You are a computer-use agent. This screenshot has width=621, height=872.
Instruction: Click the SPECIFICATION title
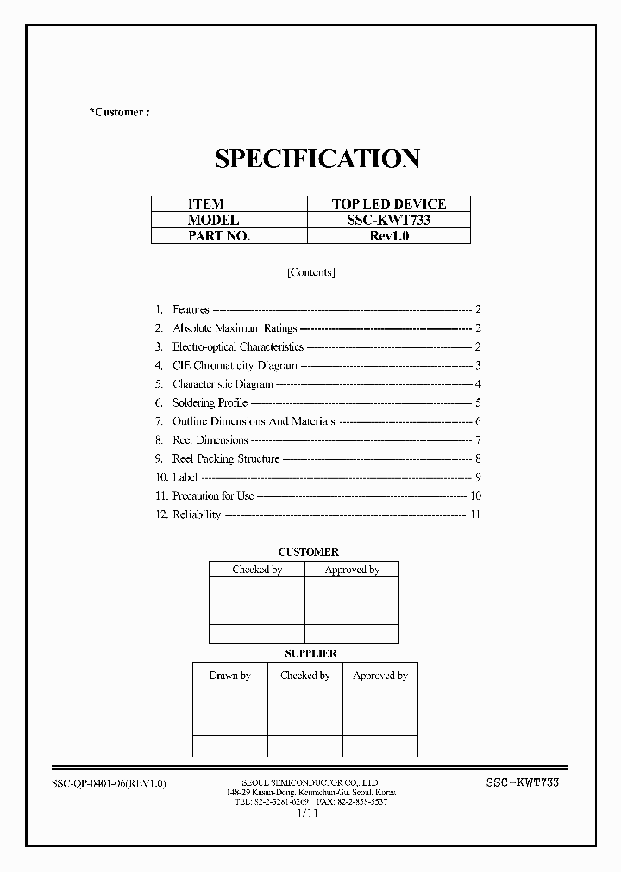[317, 159]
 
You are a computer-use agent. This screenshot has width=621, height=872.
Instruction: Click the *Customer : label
[119, 112]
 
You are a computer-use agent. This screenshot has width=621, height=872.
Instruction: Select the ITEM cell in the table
[206, 204]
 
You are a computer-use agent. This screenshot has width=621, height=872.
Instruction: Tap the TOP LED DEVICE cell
[389, 204]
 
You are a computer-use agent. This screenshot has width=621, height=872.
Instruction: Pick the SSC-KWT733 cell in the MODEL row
[389, 220]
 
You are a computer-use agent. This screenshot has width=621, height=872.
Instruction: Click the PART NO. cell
[218, 235]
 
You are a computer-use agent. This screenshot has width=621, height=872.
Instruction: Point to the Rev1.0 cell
[389, 235]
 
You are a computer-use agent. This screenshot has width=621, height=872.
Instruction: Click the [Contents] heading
[310, 272]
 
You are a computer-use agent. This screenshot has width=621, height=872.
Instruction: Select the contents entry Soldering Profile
[210, 402]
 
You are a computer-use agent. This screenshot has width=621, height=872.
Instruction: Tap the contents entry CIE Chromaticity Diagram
[235, 365]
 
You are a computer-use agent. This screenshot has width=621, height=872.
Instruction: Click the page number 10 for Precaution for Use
[475, 495]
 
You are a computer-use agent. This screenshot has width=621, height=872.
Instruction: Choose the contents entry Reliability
[197, 514]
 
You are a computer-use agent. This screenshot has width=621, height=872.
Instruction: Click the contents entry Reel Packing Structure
[226, 459]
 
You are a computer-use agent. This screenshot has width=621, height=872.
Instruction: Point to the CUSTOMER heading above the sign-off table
[308, 551]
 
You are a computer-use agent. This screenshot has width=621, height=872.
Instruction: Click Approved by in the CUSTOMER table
[352, 570]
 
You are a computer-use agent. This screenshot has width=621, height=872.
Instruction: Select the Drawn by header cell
[229, 676]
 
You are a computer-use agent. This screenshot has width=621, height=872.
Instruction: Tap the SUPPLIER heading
[310, 654]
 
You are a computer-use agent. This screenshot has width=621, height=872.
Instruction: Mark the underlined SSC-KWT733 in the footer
[523, 782]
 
